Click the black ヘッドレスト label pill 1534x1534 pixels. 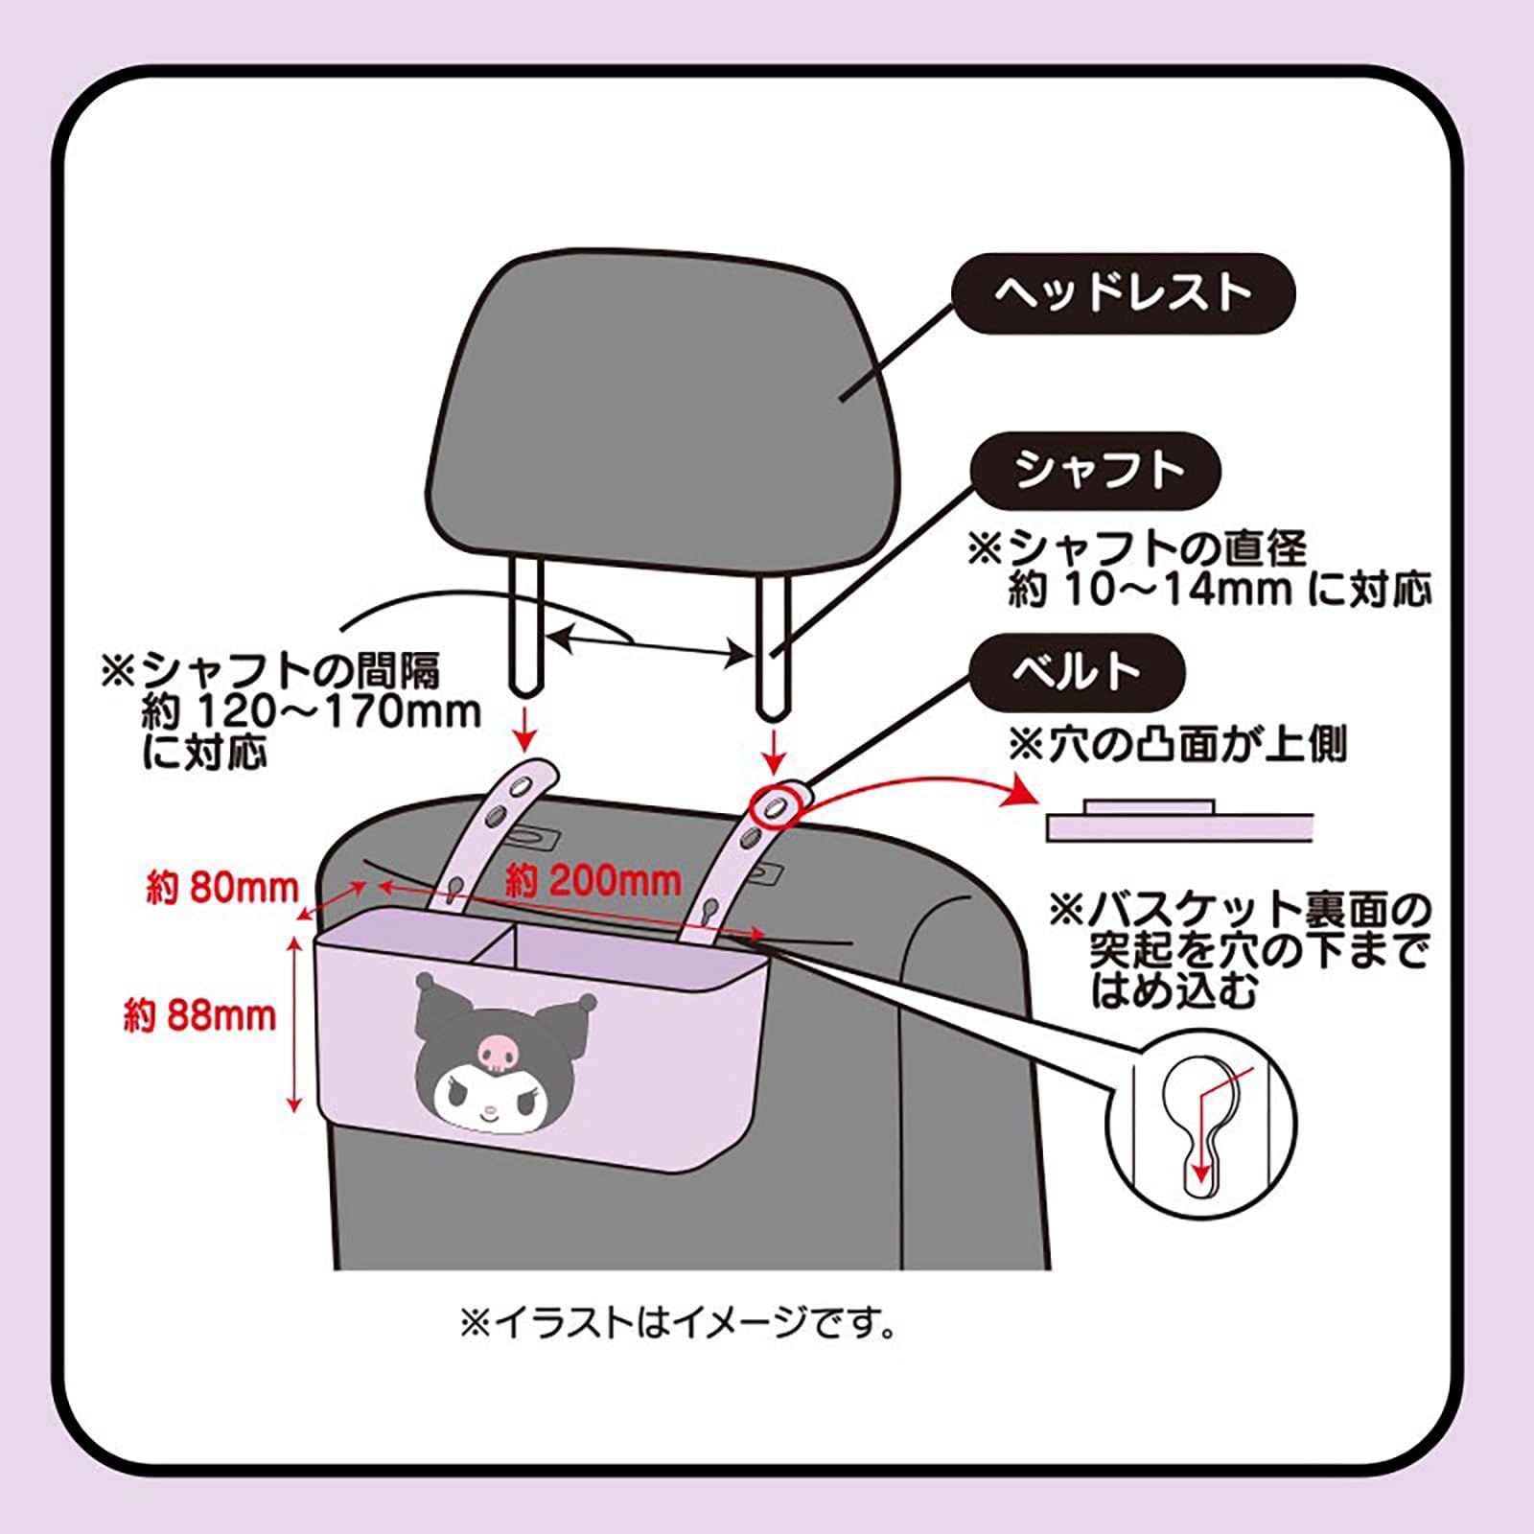click(x=1123, y=293)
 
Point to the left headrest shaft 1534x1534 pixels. click(x=526, y=627)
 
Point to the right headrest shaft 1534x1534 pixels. click(x=772, y=637)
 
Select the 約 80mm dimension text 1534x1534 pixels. click(x=221, y=888)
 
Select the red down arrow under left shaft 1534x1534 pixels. click(x=524, y=732)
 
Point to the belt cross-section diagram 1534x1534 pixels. click(x=1178, y=820)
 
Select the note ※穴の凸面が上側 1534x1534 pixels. click(x=1177, y=744)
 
